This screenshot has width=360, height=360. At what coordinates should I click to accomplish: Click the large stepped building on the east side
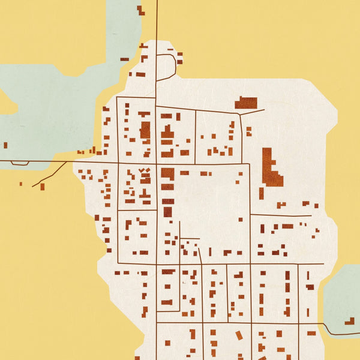coord(271,169)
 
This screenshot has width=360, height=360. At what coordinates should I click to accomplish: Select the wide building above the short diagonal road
coord(246,103)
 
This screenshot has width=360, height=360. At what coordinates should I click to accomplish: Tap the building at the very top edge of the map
coord(140,10)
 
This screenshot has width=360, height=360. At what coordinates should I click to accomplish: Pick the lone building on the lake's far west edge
coord(5,145)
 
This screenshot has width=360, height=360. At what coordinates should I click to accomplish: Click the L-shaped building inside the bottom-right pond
coord(349,321)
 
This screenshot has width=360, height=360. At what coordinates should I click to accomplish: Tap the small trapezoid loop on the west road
coord(20,163)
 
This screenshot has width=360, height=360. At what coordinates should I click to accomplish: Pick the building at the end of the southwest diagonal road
coord(43,187)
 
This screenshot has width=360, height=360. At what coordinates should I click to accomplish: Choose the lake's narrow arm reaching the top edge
coord(123,30)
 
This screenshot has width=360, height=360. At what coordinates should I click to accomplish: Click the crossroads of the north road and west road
coord(157,163)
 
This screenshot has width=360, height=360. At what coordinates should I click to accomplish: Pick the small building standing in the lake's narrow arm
coord(124,59)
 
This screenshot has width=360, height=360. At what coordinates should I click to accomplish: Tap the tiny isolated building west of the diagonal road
coord(20,184)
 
